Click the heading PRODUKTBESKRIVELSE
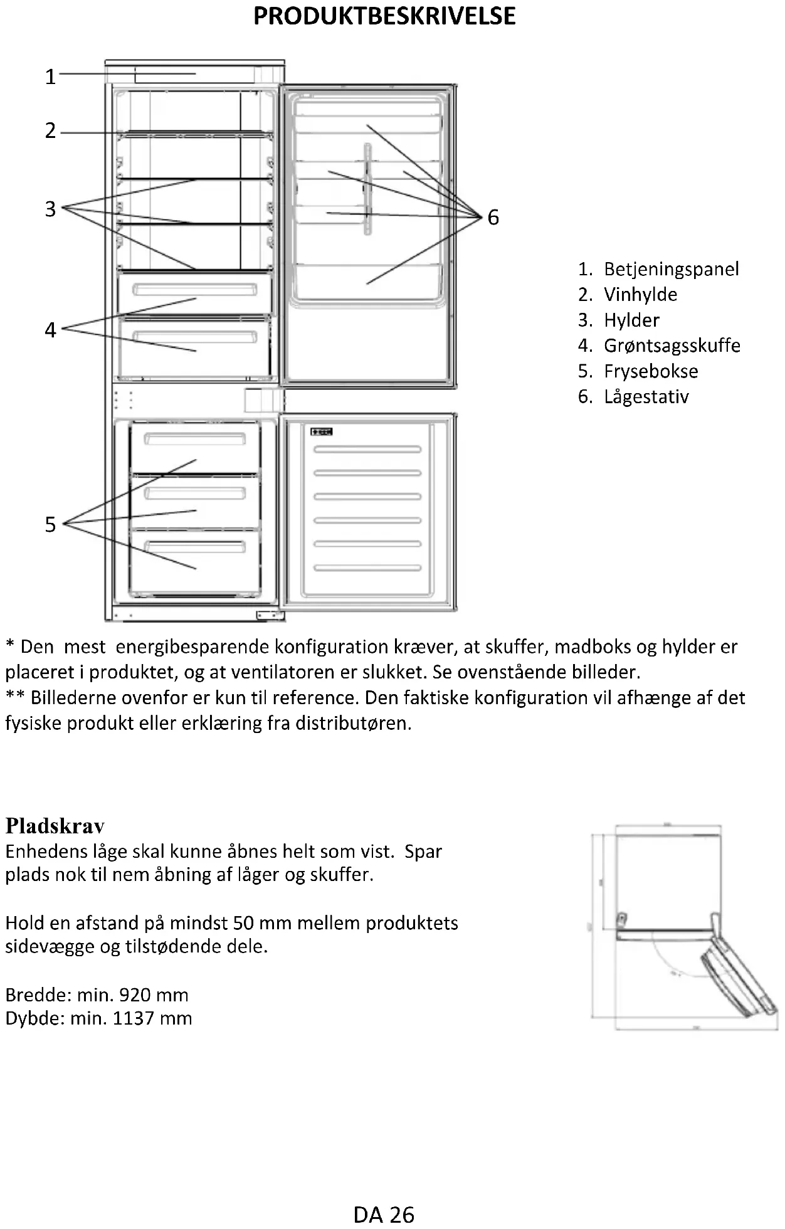(x=384, y=16)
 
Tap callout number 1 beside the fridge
(x=51, y=76)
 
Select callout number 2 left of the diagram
(x=51, y=131)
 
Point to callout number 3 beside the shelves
(x=51, y=209)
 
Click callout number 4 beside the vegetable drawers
(x=51, y=330)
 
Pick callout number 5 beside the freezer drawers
(x=51, y=524)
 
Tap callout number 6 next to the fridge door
(x=493, y=218)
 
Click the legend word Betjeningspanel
(x=671, y=269)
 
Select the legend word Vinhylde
(x=640, y=295)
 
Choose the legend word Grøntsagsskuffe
(x=672, y=345)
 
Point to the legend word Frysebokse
(x=651, y=371)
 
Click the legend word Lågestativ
(x=646, y=397)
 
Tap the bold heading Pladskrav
(x=55, y=826)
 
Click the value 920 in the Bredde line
(x=135, y=995)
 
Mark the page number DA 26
(x=384, y=1215)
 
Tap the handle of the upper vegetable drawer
(x=195, y=289)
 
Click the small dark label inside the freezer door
(x=321, y=431)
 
